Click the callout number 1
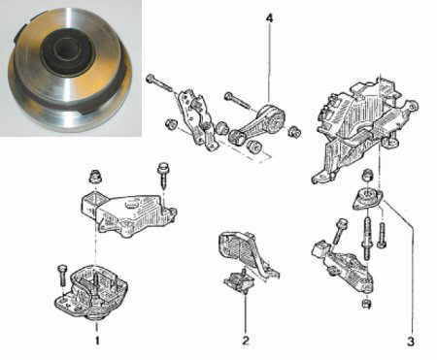click(96, 341)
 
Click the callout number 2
click(245, 341)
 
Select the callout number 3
click(411, 342)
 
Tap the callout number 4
click(269, 18)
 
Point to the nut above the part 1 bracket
click(95, 177)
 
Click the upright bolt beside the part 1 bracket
click(163, 177)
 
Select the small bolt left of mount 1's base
click(62, 275)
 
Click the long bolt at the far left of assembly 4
click(159, 84)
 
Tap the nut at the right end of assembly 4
click(294, 131)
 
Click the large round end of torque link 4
click(274, 117)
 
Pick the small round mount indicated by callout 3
click(368, 198)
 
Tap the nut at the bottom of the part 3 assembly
click(366, 304)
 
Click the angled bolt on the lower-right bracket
click(339, 232)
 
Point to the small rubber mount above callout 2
click(240, 280)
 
